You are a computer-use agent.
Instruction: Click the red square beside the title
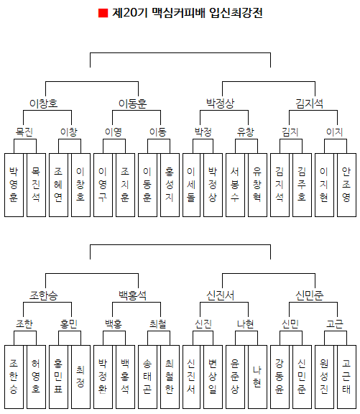point(103,13)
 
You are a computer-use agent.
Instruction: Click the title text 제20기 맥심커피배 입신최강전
point(188,13)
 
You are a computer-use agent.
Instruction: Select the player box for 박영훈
point(14,185)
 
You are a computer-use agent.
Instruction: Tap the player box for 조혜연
point(58,185)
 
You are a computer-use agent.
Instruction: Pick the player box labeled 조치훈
point(125,185)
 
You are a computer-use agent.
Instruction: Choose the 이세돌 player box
point(191,185)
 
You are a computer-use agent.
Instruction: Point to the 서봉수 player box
point(235,185)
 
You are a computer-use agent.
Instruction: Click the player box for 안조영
point(346,185)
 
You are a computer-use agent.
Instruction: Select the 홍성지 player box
point(170,185)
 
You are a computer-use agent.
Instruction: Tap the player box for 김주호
point(302,185)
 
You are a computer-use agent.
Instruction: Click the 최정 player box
point(80,377)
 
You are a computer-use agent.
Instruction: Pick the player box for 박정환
point(103,377)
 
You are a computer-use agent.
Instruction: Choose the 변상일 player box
point(213,377)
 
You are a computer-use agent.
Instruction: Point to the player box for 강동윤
point(280,377)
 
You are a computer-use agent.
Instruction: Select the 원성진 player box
point(324,377)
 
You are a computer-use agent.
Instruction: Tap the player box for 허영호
point(36,377)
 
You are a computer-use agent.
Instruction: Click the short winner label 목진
point(24,132)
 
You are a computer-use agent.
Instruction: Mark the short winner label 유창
point(246,132)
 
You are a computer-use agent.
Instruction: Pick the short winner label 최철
point(158,323)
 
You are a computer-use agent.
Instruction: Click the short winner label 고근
point(335,323)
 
